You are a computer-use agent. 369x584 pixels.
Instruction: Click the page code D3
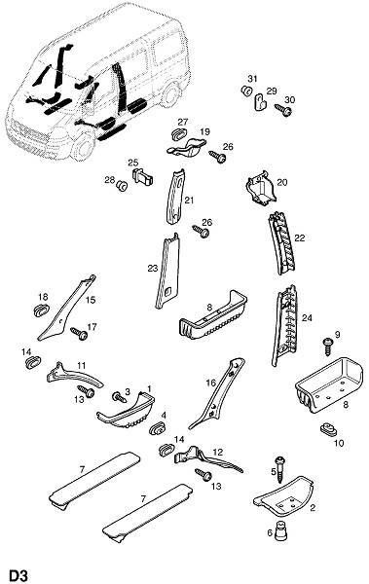coord(18,575)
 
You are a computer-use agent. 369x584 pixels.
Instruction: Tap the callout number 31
coord(253,79)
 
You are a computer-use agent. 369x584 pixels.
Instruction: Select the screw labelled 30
coord(283,109)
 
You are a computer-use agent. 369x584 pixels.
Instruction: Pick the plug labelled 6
coord(280,530)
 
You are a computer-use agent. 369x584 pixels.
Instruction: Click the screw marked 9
coord(329,346)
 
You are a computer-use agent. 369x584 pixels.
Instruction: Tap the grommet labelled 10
coord(328,428)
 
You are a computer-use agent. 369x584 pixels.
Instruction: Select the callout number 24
coord(307,318)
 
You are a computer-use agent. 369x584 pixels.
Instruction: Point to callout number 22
coord(299,237)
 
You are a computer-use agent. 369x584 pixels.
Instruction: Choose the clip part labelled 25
coord(142,176)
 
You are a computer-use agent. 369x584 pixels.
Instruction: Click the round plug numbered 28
coord(122,186)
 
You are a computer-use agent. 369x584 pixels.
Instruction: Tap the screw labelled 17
coord(80,333)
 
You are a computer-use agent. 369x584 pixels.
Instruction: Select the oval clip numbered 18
coord(41,310)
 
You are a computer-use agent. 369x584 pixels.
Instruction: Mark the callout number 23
coord(153,269)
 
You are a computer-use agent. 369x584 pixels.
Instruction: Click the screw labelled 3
coord(120,397)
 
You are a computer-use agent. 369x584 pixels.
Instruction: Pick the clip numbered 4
coord(158,428)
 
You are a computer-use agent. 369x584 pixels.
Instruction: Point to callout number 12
coord(218,453)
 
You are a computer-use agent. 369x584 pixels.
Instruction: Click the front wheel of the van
coord(84,145)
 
